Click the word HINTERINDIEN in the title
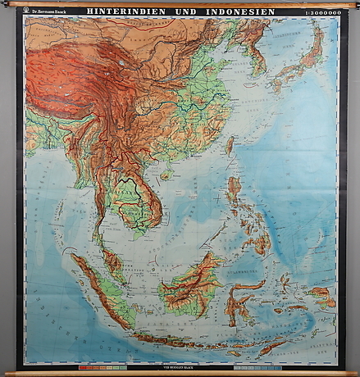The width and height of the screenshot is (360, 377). coord(130,12)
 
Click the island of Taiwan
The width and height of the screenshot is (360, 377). coord(229,145)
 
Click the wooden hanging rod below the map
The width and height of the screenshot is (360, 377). coord(180,373)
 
